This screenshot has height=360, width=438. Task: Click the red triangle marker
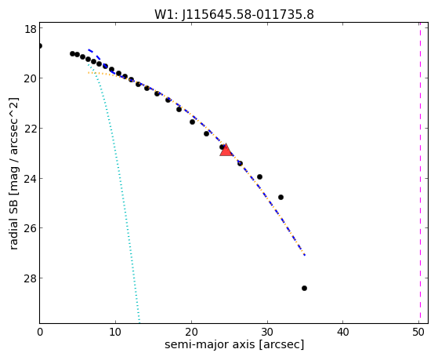tap(226, 151)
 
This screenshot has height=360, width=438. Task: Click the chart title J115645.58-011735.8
tap(248, 15)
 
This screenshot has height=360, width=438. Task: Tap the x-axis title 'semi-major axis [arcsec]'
tap(234, 344)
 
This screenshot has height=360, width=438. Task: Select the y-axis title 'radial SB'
tap(13, 222)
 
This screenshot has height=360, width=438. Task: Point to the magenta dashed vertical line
tap(420, 173)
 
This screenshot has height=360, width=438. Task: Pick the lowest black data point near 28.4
tap(304, 288)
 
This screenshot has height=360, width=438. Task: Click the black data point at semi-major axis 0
tap(40, 45)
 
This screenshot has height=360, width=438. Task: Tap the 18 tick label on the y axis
tap(31, 29)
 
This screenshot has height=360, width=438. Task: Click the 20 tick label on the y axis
tap(30, 78)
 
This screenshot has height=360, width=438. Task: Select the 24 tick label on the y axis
tap(30, 179)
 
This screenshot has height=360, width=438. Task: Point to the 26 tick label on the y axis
tap(30, 228)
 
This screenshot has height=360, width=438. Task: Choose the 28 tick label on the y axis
tap(30, 278)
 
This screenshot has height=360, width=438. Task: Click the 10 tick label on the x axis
tap(115, 332)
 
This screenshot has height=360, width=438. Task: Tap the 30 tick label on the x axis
tap(267, 332)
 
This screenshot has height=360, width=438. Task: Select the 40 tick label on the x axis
tap(343, 332)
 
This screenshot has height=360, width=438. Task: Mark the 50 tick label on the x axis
tap(418, 332)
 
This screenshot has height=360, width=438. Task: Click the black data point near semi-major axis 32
tap(281, 197)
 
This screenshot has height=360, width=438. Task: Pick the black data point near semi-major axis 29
tap(259, 176)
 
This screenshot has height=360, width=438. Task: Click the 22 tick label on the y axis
tap(30, 129)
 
